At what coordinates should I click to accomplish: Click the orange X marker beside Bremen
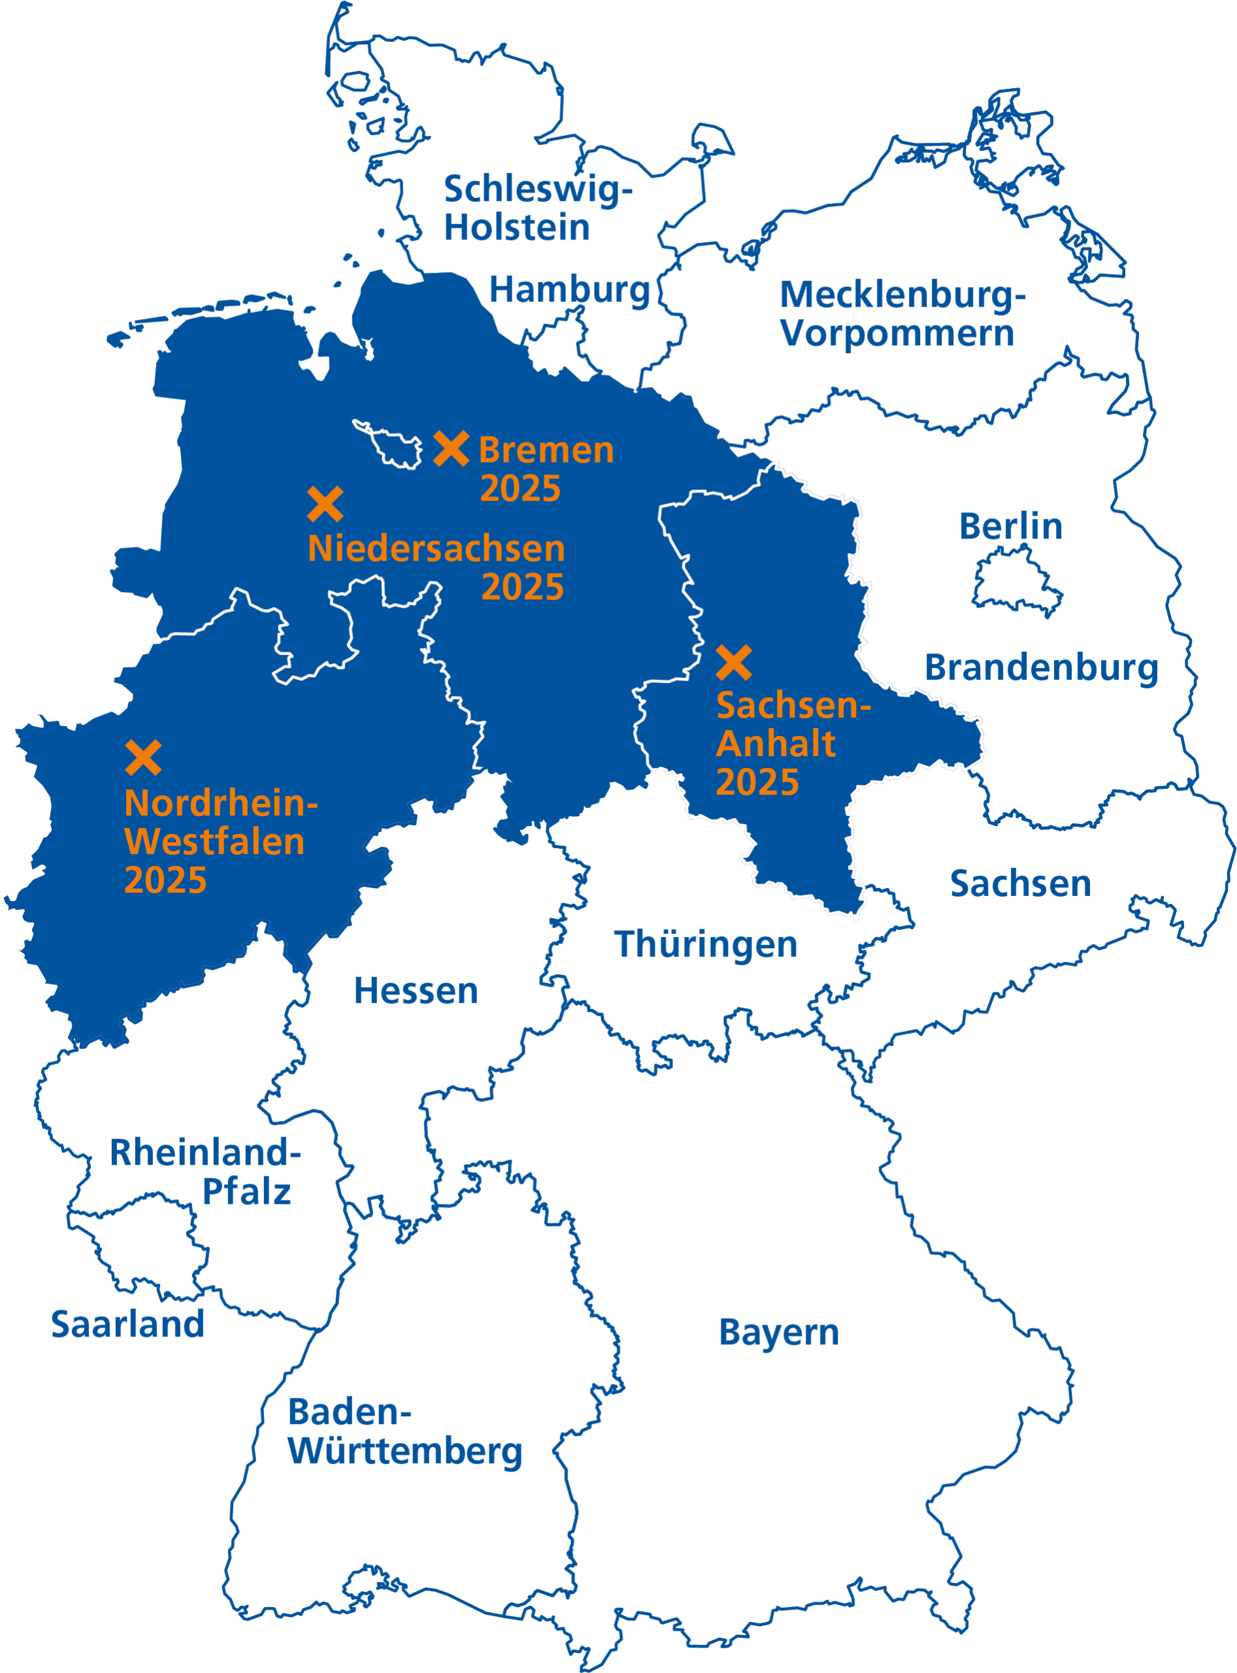[x=452, y=448]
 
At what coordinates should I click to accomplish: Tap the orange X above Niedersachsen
[x=325, y=504]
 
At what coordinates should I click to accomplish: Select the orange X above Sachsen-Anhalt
[x=734, y=663]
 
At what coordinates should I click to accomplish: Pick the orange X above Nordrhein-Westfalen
[x=144, y=758]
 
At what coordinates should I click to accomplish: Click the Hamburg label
[x=569, y=290]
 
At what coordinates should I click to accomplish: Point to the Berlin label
[x=1011, y=527]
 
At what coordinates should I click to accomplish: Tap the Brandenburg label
[x=1042, y=668]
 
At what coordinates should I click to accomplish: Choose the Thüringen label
[x=705, y=944]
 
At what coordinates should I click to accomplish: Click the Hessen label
[x=416, y=991]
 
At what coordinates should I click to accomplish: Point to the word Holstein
[x=517, y=227]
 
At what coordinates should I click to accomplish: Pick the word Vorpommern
[x=897, y=333]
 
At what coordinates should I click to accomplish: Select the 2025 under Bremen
[x=520, y=489]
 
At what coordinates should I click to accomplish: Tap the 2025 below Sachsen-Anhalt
[x=757, y=782]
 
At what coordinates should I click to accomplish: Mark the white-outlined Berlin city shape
[x=1017, y=580]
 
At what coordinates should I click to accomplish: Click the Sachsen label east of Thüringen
[x=1021, y=884]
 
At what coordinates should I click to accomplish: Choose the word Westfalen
[x=215, y=842]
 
